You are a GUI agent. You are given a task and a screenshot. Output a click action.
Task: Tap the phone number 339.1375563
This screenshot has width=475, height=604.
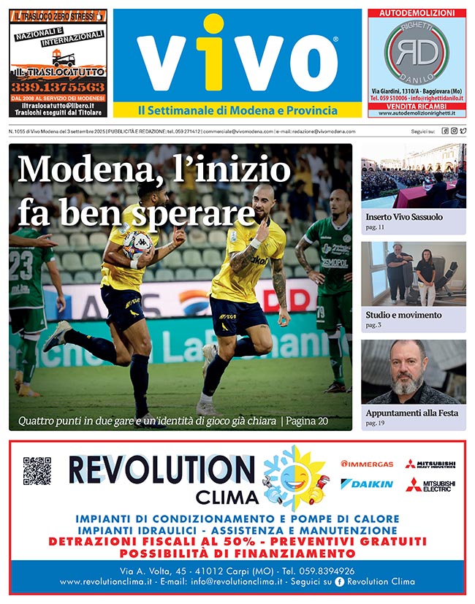tap(58, 86)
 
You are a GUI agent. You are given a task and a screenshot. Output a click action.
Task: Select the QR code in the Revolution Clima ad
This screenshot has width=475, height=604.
tap(37, 471)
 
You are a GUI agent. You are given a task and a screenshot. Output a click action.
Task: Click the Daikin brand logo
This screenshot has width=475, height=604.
tap(367, 484)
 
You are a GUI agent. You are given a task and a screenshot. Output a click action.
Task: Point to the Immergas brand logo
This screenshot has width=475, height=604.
tap(367, 464)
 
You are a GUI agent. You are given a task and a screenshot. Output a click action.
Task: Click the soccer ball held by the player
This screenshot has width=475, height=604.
tap(136, 243)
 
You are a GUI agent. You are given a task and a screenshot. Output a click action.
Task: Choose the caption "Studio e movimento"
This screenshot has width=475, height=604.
tap(404, 315)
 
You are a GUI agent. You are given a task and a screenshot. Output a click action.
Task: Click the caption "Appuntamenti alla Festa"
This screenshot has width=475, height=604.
tap(412, 413)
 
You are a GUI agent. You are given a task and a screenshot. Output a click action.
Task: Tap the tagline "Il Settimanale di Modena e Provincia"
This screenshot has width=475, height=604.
tap(237, 110)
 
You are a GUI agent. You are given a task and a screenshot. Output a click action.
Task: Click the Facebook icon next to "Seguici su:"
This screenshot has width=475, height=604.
tap(445, 131)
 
